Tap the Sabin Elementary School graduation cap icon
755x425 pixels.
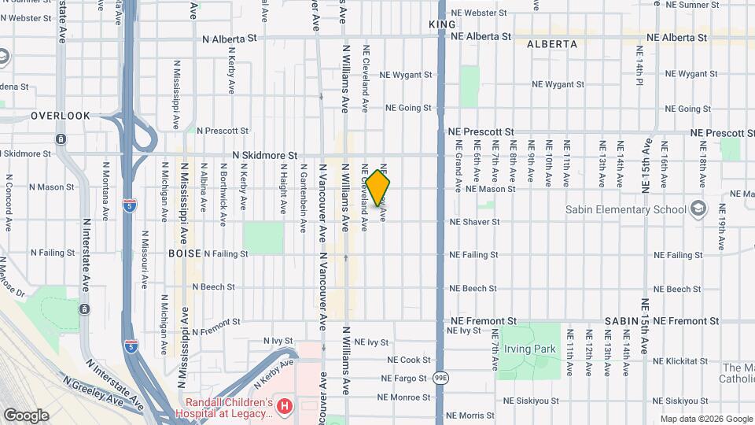[697, 209]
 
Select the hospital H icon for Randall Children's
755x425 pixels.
[285, 407]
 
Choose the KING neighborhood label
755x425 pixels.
[442, 25]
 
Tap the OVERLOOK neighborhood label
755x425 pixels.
[61, 116]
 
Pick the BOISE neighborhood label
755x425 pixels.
[186, 253]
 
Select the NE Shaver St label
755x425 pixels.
[474, 222]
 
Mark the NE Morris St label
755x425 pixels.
[470, 416]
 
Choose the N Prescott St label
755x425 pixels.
[223, 131]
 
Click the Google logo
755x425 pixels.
[26, 415]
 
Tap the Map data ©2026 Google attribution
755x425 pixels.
[705, 419]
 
